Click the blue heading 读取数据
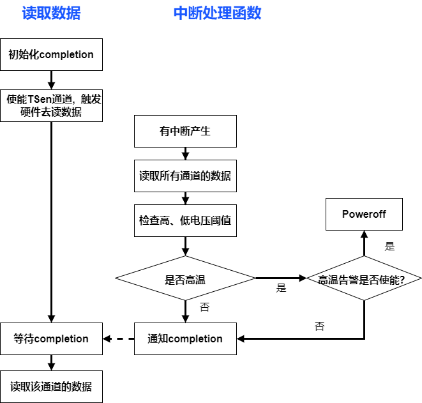point(51,13)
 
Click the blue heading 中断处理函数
point(217,13)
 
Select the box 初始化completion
point(51,54)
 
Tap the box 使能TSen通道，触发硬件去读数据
point(51,105)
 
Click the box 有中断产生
point(185,132)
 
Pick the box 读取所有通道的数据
point(185,176)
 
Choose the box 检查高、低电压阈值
point(185,220)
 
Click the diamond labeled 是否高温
point(185,278)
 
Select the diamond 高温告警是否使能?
point(364,279)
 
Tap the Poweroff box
point(364,214)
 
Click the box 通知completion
point(185,338)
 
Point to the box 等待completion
point(51,338)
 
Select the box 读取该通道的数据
point(51,386)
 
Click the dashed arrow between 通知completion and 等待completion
point(119,338)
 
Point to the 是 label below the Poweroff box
point(389,246)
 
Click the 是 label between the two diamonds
point(281,288)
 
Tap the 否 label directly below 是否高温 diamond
point(204,307)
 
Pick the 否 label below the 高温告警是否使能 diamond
point(319,326)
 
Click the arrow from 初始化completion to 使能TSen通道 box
point(51,80)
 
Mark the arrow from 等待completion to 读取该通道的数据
point(51,362)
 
